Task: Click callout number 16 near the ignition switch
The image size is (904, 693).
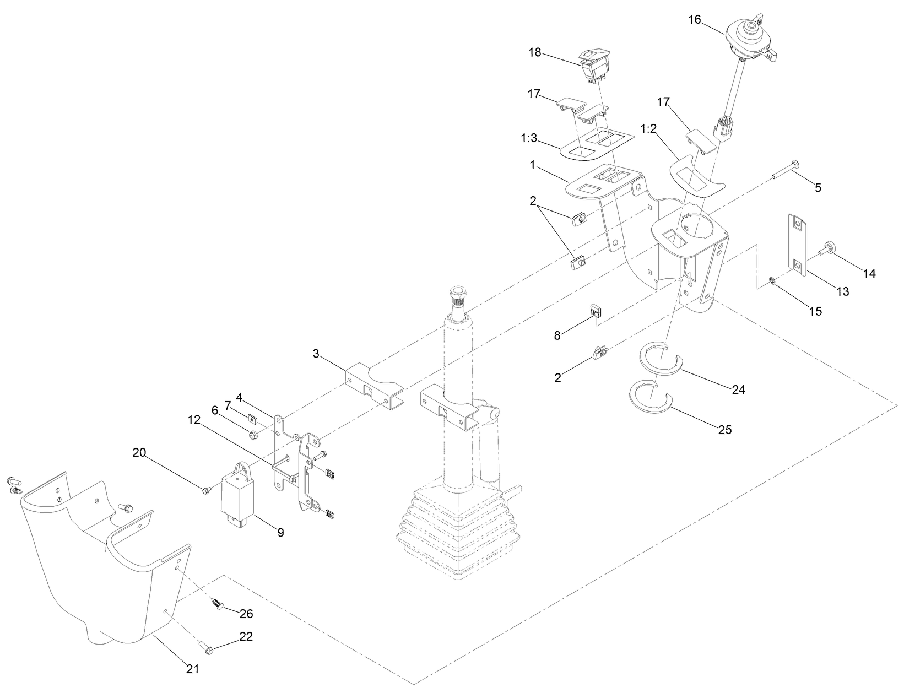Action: tap(695, 19)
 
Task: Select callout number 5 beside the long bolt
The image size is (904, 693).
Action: tap(818, 187)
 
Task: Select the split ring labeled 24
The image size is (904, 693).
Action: tap(661, 358)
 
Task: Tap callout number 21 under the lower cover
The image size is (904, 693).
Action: tap(192, 669)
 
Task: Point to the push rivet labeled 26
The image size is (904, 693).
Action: tap(216, 605)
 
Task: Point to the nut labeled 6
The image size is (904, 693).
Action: tap(253, 435)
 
